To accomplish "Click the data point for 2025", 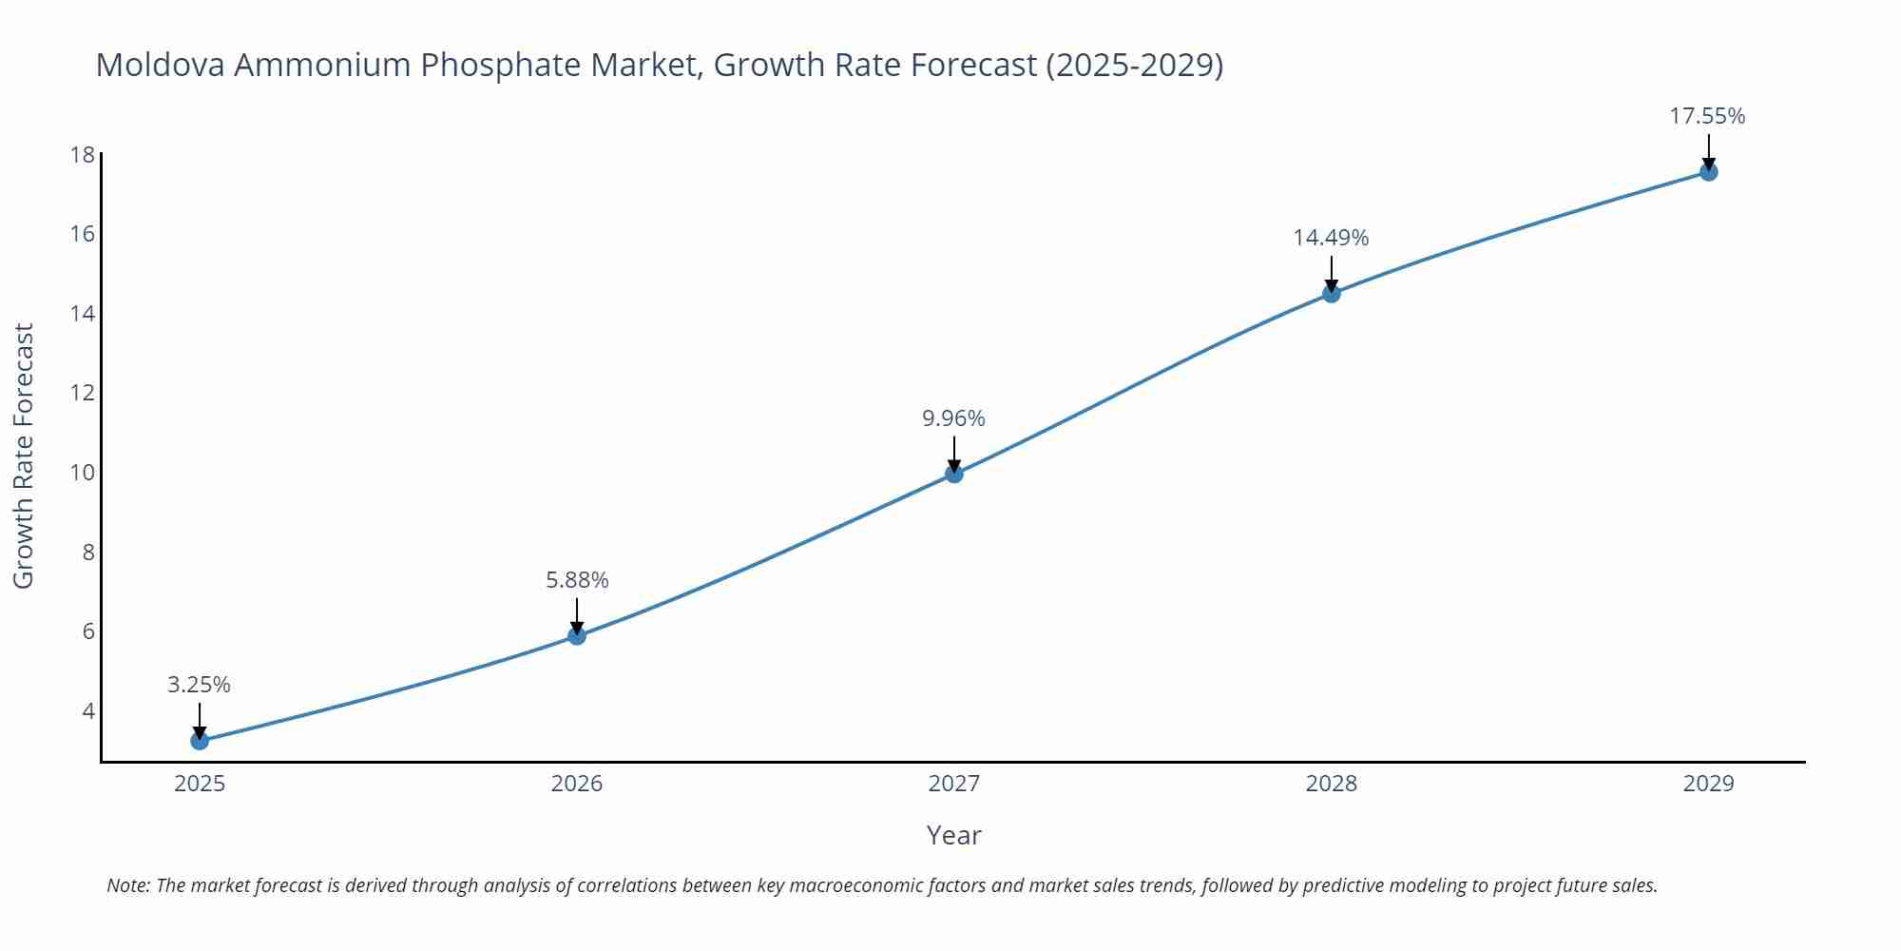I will pos(200,740).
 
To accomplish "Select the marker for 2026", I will pos(577,635).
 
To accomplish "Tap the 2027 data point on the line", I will pos(954,474).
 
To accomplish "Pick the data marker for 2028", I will pos(1332,293).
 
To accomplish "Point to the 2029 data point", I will pos(1708,172).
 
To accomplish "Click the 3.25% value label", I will pos(199,685).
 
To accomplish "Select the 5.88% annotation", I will pos(577,580).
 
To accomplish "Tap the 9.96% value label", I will pos(953,418).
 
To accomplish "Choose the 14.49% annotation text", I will pos(1331,238).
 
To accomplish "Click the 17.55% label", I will pos(1707,116).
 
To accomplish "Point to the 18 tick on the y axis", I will pos(83,154).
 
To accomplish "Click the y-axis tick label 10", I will pos(83,472).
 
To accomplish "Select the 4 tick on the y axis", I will pos(88,710).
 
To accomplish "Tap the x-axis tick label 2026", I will pos(577,784).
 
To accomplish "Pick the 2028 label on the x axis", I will pos(1332,784).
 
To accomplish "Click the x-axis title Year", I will pos(953,835).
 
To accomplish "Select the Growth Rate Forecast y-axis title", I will pos(24,456).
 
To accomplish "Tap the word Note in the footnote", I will pos(127,885).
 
